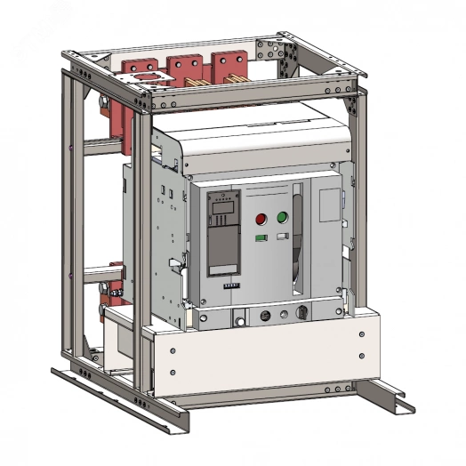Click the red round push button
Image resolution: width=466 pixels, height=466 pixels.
tap(261, 218)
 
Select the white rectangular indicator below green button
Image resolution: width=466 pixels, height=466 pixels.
tap(282, 237)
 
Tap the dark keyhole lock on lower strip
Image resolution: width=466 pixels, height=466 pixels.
tap(303, 314)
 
